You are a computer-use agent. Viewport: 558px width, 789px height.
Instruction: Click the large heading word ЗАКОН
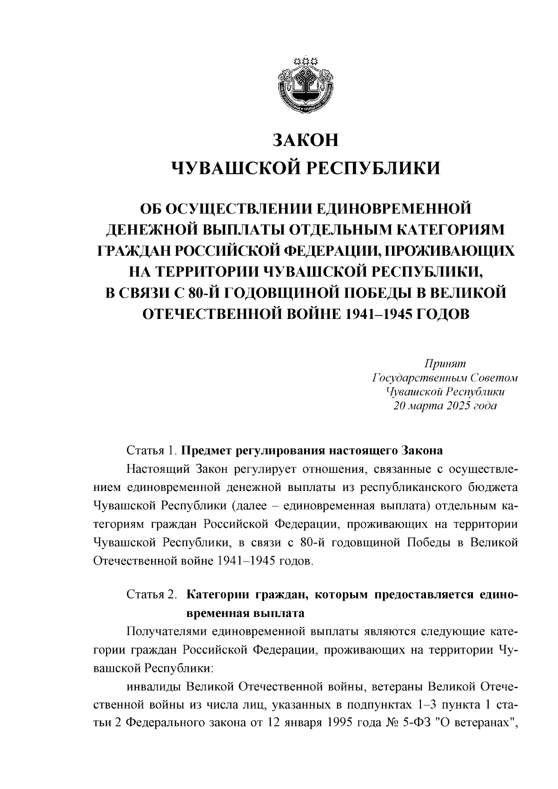306,140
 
